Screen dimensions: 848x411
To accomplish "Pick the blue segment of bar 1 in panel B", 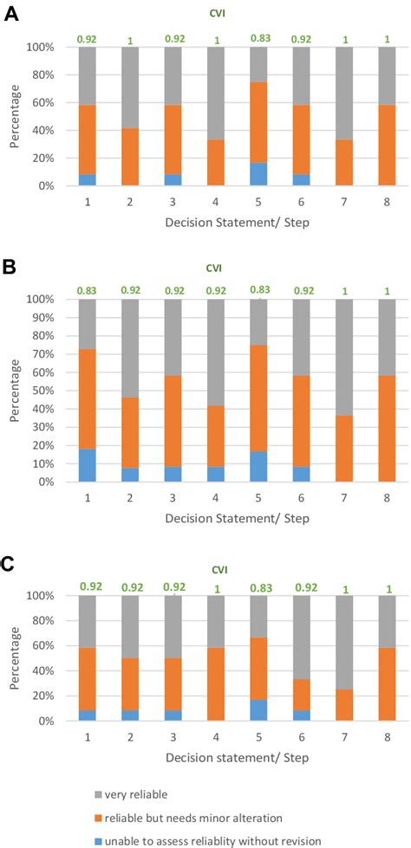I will click(87, 465).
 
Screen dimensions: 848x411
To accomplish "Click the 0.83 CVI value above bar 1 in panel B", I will click(87, 289).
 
